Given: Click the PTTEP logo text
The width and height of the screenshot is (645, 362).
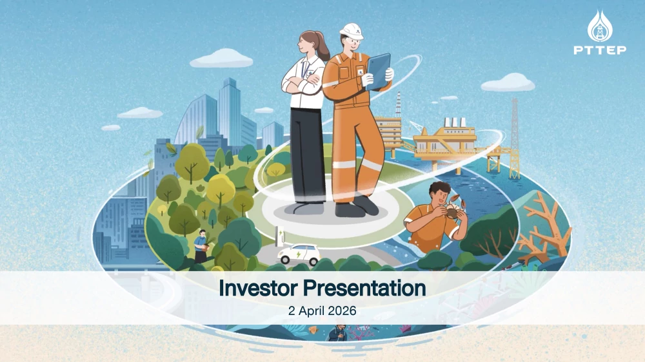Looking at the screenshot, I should (x=600, y=50).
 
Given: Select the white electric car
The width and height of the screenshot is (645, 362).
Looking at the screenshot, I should (x=299, y=254).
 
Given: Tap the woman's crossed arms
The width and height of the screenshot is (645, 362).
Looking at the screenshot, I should (x=302, y=82).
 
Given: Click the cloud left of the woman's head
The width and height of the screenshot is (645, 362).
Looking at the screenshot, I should (x=221, y=59).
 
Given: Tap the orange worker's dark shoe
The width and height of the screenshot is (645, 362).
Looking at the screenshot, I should (x=364, y=205).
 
